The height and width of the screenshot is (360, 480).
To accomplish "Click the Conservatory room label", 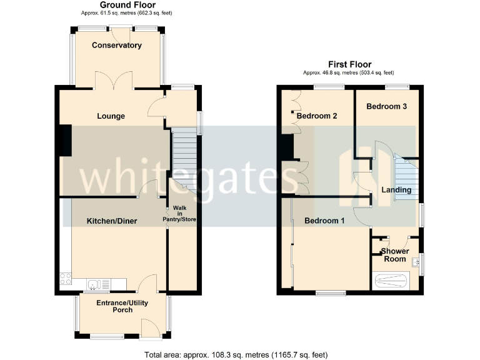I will pos(117,45).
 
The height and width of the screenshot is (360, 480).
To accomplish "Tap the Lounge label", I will pos(111,116).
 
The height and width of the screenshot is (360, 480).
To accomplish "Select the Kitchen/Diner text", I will pos(112,221).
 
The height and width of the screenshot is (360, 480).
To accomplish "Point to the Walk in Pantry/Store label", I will pos(180,214).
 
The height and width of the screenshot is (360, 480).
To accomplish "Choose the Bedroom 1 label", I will pos(324,221).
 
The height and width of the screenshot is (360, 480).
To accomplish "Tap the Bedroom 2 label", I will pos(317,116).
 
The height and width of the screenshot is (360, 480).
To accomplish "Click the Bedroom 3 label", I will pos(387,106).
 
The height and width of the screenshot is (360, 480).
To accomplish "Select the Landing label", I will pos(396,190).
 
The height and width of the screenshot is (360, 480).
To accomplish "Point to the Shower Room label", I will pos(394,255).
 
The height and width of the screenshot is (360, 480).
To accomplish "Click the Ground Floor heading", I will pos(119,5).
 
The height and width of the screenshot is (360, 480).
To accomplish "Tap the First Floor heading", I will pos(349,64).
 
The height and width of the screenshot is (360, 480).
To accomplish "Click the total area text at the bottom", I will pos(236,355).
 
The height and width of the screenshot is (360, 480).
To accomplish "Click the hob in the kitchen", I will pos(65,280).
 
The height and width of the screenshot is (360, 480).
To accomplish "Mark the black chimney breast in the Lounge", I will pos(65,141).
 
